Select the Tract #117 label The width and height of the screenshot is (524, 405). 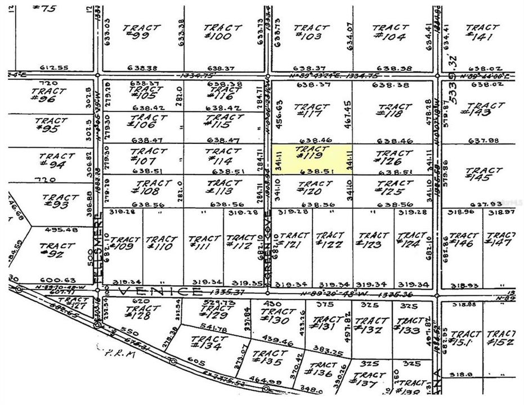(311, 110)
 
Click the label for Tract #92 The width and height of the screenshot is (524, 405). (57, 250)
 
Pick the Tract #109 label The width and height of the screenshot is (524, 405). (122, 242)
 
